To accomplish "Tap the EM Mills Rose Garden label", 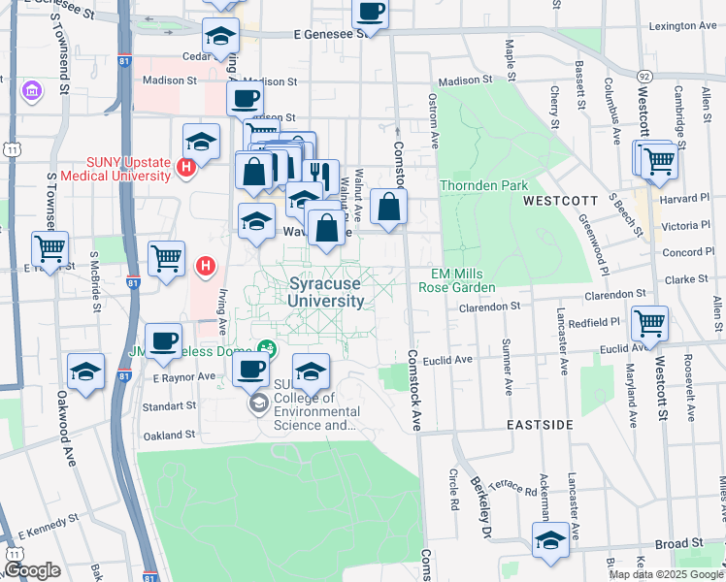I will (x=456, y=280).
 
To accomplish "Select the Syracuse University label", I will (x=326, y=292).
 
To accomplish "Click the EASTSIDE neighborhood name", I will (x=540, y=425).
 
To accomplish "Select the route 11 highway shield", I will (x=11, y=149).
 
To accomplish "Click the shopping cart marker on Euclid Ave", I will (x=649, y=322).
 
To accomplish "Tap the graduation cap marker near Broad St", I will (x=550, y=540).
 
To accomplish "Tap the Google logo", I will (x=32, y=571).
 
